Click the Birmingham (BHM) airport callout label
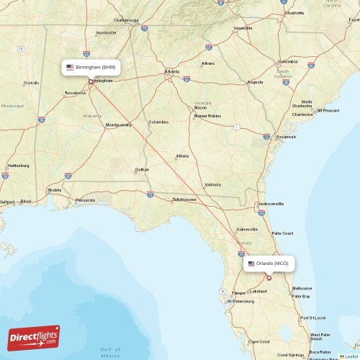(x=90, y=67)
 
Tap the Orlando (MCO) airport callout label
(x=268, y=264)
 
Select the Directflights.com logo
(x=34, y=337)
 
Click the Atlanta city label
(x=172, y=72)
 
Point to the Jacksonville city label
(x=271, y=204)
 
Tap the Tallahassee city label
(x=184, y=199)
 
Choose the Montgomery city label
(x=118, y=125)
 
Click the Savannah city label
(x=286, y=136)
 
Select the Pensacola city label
(x=85, y=199)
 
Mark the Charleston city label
(x=302, y=114)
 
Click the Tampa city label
(x=238, y=293)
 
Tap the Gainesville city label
(x=248, y=230)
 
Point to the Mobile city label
(x=55, y=190)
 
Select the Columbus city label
(x=158, y=122)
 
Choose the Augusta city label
(x=255, y=82)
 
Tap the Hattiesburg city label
(x=18, y=166)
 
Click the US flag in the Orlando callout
(x=251, y=264)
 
